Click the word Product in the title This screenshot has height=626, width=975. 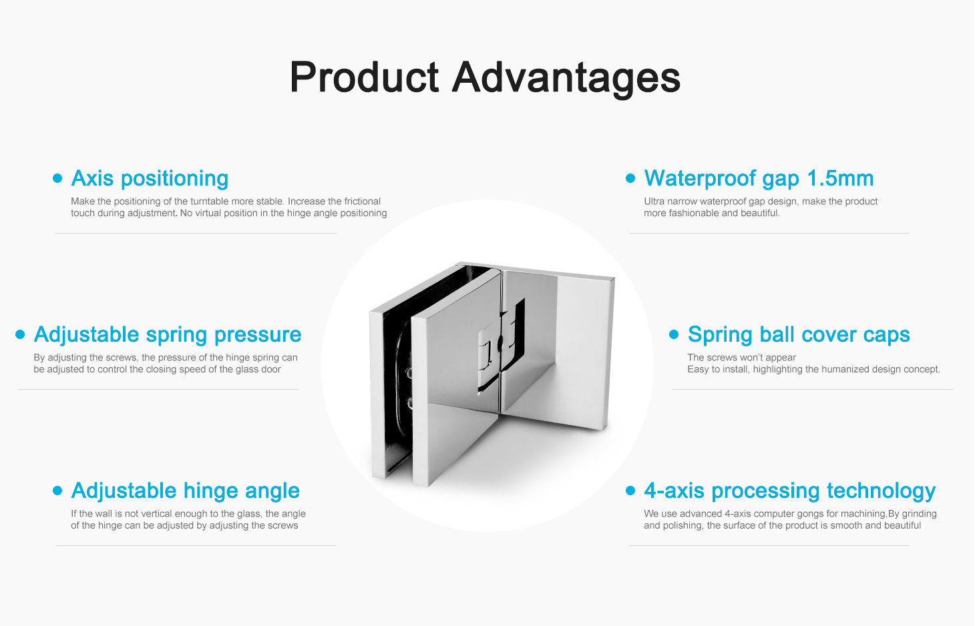(x=365, y=77)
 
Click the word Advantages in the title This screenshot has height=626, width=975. (x=566, y=79)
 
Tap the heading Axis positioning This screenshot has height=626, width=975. (x=150, y=178)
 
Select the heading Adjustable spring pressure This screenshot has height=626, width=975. (x=168, y=335)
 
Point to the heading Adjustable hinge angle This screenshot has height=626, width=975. (x=186, y=491)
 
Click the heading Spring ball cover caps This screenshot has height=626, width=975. (x=799, y=335)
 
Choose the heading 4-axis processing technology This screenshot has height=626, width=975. (x=789, y=491)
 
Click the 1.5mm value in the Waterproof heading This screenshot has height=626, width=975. (x=840, y=178)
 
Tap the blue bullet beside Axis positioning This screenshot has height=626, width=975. (x=57, y=178)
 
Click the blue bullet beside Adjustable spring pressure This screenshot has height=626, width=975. (x=20, y=334)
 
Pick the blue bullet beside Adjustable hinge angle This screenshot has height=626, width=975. (x=57, y=491)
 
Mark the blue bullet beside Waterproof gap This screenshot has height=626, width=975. (x=630, y=178)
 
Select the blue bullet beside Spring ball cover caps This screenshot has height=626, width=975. (x=674, y=334)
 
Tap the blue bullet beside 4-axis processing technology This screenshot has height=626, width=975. (x=630, y=491)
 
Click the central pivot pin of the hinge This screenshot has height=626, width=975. (x=501, y=343)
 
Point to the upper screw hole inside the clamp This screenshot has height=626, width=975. (x=409, y=373)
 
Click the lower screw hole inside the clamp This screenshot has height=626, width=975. (x=410, y=404)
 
